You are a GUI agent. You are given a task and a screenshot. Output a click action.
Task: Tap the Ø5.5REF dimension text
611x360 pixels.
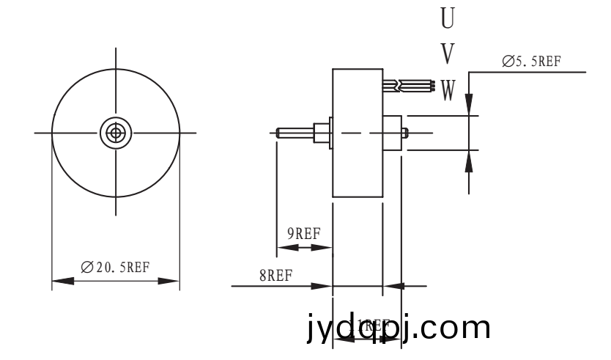click(x=532, y=62)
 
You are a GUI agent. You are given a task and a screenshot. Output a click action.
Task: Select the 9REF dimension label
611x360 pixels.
click(x=303, y=234)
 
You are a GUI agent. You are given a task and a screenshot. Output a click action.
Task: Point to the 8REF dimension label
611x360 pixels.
click(x=275, y=276)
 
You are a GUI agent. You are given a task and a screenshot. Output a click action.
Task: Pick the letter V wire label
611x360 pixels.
click(x=447, y=53)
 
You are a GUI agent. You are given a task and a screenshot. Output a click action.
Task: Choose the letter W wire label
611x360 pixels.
click(x=448, y=90)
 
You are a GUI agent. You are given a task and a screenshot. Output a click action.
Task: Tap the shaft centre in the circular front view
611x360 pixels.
click(x=116, y=132)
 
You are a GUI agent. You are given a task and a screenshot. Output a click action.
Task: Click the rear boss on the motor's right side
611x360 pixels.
click(x=393, y=133)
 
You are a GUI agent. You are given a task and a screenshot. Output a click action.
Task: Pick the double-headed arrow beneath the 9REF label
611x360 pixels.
click(x=303, y=248)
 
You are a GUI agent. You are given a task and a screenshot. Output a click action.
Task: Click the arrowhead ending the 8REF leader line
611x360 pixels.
click(x=323, y=286)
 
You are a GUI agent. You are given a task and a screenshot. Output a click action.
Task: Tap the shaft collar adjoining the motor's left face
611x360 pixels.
click(x=321, y=133)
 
